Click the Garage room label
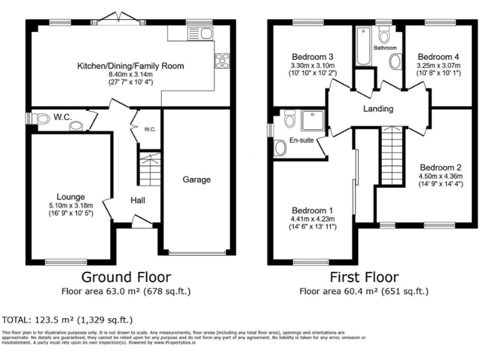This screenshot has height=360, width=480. (x=197, y=180)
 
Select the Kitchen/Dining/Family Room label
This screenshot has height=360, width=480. (x=131, y=66)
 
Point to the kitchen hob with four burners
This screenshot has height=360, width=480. (x=221, y=61)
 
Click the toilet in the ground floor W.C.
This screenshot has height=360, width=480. (x=42, y=119)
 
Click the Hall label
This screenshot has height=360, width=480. (x=138, y=201)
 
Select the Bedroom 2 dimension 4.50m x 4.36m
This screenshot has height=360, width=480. (x=441, y=176)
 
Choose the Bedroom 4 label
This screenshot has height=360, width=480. (x=439, y=56)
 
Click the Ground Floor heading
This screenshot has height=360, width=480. (x=126, y=277)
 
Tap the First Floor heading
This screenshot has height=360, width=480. (x=363, y=277)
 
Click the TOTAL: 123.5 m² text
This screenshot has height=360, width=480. (x=68, y=320)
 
